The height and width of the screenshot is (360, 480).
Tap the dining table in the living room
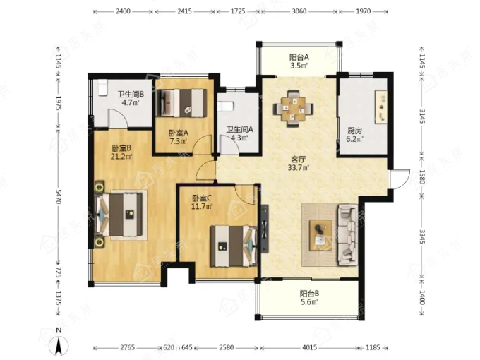[x=293, y=109]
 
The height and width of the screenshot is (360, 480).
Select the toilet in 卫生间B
[x=102, y=88]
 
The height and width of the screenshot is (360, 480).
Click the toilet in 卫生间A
[x=226, y=106]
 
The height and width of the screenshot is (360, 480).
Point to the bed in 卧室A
[x=181, y=103]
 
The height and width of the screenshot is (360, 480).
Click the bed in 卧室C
[x=233, y=246]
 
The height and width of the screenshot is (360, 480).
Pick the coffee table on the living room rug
[x=320, y=235]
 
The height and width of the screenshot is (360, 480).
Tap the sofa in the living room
[x=347, y=235]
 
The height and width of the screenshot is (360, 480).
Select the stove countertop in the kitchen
[x=381, y=107]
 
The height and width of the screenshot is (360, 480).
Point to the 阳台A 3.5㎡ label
[x=299, y=61]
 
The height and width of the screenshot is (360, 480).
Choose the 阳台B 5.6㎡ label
[x=309, y=298]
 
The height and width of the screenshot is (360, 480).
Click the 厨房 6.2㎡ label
[x=354, y=135]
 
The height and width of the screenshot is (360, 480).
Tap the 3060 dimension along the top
[x=299, y=11]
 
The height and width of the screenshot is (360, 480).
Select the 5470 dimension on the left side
[x=58, y=196]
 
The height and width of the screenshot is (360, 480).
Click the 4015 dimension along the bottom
[x=309, y=347]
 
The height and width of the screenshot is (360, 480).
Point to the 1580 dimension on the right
[x=422, y=176]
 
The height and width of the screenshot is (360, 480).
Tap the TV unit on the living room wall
[x=265, y=229]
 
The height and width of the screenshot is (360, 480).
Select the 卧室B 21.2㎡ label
[x=121, y=152]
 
